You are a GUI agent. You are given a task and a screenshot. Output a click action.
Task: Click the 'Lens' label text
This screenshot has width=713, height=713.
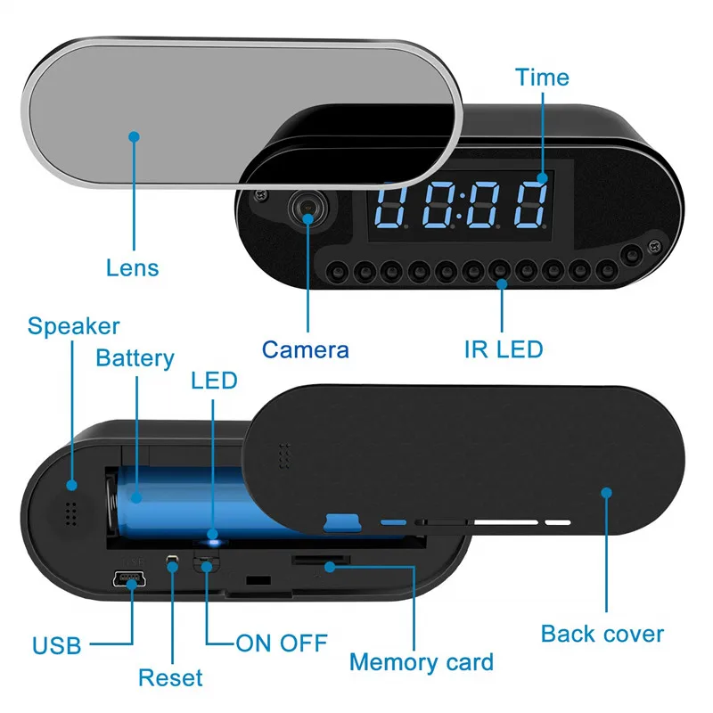[133, 267]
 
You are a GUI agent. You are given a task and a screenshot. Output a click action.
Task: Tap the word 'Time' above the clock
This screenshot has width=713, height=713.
[542, 78]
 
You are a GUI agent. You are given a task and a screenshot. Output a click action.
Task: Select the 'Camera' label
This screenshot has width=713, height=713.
[306, 348]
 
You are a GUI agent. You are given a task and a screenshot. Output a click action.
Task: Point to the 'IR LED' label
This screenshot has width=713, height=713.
[504, 348]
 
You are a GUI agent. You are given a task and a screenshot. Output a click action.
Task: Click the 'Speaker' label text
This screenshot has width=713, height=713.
[73, 326]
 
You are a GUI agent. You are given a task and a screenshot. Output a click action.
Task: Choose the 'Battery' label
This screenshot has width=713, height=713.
[135, 358]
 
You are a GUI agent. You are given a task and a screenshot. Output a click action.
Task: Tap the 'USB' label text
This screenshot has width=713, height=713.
[57, 644]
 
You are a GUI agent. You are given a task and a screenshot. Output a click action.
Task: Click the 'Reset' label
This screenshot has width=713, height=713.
[170, 677]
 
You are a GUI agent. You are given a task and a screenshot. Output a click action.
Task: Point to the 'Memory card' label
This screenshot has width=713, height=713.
[422, 662]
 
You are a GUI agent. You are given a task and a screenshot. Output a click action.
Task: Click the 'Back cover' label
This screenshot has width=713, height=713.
[602, 634]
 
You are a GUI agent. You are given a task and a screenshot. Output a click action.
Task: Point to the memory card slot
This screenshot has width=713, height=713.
[322, 560]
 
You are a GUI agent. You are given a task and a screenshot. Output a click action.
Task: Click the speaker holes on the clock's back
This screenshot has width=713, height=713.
[69, 513]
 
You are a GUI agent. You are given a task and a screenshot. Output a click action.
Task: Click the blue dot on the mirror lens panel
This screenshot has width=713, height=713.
[134, 136]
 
